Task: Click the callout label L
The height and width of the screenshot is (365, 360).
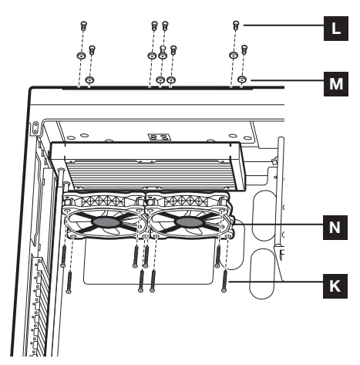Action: point(335,29)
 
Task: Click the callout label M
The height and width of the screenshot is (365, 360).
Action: point(335,84)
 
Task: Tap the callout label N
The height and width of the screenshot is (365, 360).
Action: point(335,228)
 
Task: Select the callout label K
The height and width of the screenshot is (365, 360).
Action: point(335,286)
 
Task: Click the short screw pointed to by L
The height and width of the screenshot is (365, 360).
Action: point(236,25)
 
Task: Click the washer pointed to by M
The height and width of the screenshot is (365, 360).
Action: point(241,79)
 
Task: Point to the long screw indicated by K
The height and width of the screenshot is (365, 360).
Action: point(224,280)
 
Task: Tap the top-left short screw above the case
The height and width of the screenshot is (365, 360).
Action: point(83,25)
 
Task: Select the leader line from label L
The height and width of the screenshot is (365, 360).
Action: point(284,25)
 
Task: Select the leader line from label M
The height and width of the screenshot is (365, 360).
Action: point(287,80)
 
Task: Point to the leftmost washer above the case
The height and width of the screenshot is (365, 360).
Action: point(81,56)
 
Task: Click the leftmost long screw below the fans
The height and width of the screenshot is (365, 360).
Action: point(63,256)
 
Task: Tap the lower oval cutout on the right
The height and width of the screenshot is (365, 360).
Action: point(262,274)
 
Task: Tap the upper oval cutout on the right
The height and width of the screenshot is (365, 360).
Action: point(264,215)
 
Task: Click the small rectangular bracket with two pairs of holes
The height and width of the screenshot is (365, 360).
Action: point(159,137)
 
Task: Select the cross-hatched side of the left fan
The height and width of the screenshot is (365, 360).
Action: point(103,201)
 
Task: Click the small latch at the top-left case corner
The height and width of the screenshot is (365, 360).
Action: point(35,128)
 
